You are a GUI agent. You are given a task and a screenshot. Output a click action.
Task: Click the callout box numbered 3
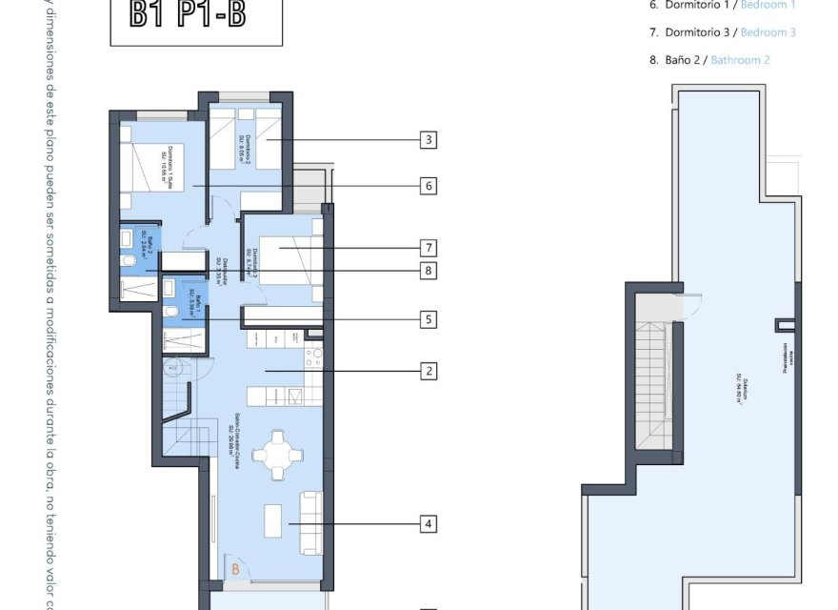click(x=429, y=140)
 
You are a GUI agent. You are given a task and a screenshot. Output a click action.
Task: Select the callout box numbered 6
click(x=429, y=186)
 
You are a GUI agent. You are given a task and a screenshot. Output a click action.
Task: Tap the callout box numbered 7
click(x=429, y=248)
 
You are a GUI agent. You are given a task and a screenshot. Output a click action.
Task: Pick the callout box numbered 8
click(x=429, y=272)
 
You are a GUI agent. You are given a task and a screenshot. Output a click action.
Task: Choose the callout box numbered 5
click(x=429, y=319)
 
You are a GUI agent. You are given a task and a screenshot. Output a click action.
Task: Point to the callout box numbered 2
click(x=429, y=371)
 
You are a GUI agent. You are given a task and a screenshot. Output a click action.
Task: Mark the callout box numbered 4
click(x=429, y=523)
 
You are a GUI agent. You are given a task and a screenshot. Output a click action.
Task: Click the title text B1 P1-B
click(x=196, y=16)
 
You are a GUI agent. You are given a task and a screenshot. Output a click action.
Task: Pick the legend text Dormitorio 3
click(x=692, y=32)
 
